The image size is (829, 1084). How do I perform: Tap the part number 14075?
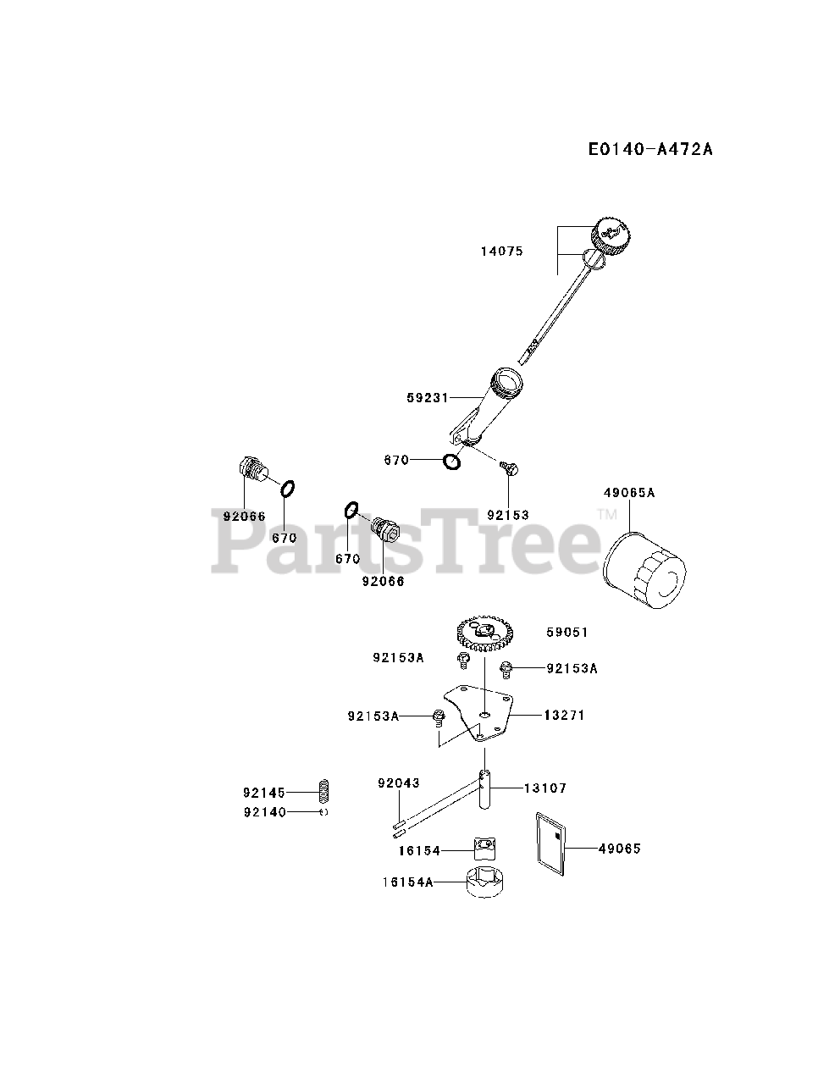click(501, 251)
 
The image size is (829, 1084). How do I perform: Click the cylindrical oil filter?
click(646, 571)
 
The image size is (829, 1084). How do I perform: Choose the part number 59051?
click(567, 632)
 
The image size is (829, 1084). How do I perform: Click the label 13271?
click(566, 715)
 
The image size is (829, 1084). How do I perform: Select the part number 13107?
click(545, 788)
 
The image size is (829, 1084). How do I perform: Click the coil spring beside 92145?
click(323, 792)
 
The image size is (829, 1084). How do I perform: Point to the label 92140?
click(264, 812)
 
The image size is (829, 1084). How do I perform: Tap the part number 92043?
click(398, 783)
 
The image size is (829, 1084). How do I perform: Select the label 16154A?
click(406, 882)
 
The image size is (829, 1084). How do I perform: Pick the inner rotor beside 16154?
click(484, 848)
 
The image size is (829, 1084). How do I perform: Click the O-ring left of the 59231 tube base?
click(451, 462)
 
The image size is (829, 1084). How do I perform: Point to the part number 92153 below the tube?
click(507, 515)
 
